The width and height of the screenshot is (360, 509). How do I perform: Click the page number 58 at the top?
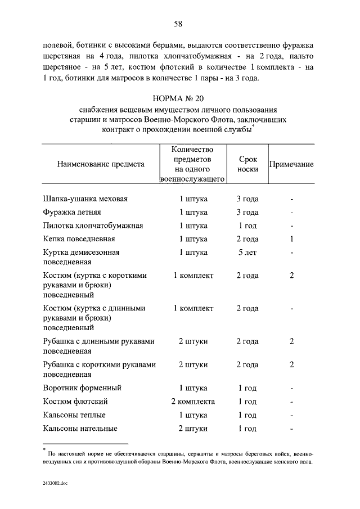(178, 24)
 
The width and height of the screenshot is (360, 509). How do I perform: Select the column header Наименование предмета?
(101, 164)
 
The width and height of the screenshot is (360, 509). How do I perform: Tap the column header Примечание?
(291, 164)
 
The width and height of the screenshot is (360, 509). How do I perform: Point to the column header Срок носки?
(247, 164)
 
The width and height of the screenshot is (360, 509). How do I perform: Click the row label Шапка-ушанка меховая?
(85, 199)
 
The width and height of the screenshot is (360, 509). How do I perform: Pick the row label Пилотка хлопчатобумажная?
(93, 226)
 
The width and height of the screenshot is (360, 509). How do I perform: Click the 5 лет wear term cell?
(247, 253)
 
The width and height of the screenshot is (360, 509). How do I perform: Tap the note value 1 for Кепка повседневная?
(292, 239)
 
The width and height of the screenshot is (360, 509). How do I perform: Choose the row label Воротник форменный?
(82, 388)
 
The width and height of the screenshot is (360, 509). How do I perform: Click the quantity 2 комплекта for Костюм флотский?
(193, 402)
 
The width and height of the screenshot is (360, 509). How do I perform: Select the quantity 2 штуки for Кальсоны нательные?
(193, 429)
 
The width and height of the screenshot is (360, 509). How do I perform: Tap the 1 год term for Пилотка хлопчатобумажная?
(247, 226)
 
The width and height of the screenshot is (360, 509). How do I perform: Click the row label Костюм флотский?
(75, 402)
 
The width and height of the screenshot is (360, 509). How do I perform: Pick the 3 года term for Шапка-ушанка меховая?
(247, 199)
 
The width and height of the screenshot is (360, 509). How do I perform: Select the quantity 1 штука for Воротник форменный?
(193, 388)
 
